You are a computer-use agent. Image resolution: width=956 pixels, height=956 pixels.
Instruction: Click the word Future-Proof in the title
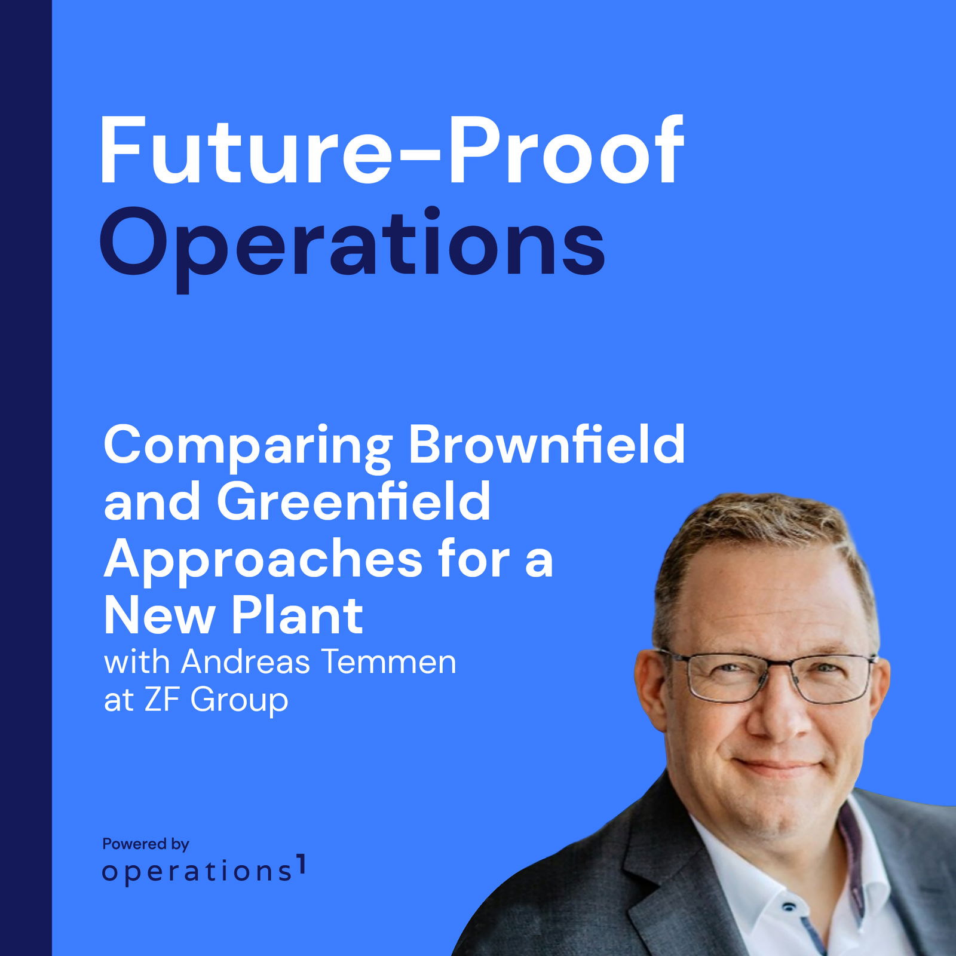tap(391, 151)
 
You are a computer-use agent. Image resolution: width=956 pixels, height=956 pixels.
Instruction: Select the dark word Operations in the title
tap(353, 248)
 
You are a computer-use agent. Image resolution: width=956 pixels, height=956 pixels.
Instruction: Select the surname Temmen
tap(389, 662)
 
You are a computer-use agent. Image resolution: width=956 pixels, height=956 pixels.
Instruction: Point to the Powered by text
tap(146, 844)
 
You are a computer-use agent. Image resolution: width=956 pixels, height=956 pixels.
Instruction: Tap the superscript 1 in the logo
tap(302, 865)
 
